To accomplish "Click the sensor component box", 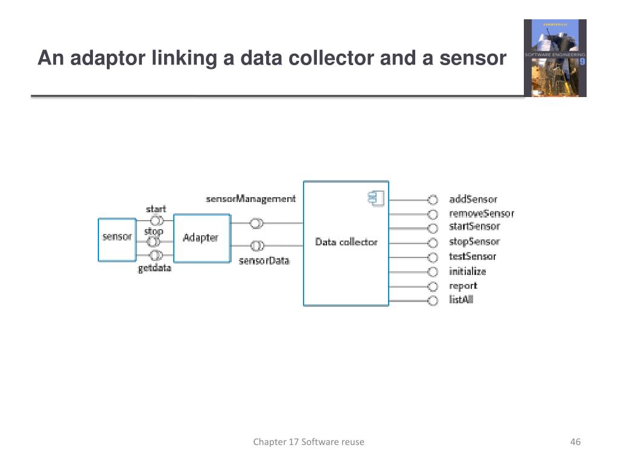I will tap(116, 239).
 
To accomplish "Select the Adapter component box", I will tap(202, 238).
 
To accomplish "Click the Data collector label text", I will tap(346, 242).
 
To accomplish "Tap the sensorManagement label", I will tap(250, 199).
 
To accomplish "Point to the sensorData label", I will tap(264, 261).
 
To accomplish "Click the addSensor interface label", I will tap(473, 200).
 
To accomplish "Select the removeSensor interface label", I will tap(482, 213).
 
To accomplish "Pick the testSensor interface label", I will tap(473, 257).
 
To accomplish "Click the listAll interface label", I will tap(461, 300).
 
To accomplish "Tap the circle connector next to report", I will tap(432, 286).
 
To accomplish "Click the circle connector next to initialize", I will tap(432, 272).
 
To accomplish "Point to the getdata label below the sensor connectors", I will tap(154, 268).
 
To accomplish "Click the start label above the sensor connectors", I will tap(156, 209).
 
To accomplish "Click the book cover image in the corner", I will tap(555, 58).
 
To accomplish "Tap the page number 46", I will tap(575, 442).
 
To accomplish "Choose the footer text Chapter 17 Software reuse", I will tap(308, 442).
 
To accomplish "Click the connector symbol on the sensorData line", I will tap(257, 245).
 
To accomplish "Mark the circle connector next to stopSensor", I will tap(432, 243).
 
